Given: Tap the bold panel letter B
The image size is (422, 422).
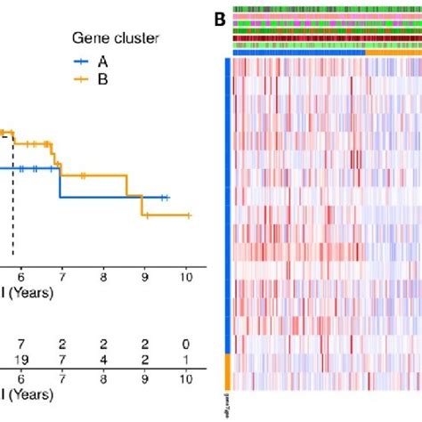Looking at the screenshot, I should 217,16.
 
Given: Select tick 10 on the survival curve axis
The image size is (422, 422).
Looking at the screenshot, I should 185,276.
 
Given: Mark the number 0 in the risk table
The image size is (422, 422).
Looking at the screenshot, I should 185,341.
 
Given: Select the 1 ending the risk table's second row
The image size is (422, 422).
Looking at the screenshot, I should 185,357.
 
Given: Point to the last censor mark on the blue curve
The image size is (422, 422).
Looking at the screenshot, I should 165,198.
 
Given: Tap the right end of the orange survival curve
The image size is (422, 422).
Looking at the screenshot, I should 190,215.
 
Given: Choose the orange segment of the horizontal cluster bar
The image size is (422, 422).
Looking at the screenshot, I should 393,53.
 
